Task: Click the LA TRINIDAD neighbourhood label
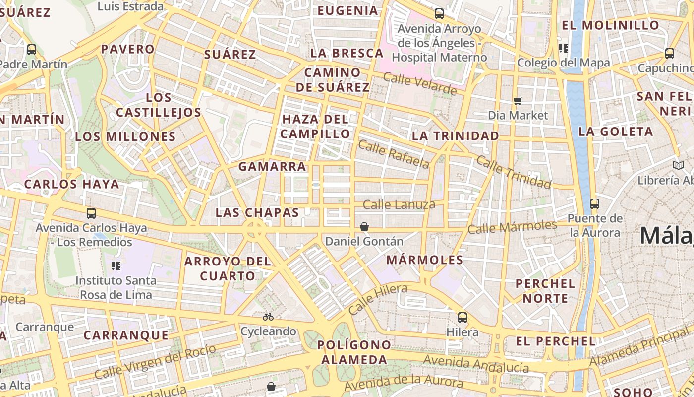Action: point(456,136)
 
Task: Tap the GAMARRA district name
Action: point(272,167)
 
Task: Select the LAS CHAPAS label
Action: point(257,213)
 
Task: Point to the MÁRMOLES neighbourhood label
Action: point(424,260)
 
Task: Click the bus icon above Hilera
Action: point(463,318)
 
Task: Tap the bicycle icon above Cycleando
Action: point(268,317)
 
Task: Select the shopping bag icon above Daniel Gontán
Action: point(364,227)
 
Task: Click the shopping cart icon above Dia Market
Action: point(518,101)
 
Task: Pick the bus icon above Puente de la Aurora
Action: point(595,203)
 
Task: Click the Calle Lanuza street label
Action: point(399,204)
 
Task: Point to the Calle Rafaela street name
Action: point(393,154)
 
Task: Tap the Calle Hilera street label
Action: point(378,299)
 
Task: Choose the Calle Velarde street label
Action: point(420,84)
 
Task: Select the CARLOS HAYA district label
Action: point(72,184)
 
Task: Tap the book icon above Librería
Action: point(679,165)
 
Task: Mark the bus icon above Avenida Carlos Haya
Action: point(91,213)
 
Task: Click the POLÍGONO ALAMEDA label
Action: point(354,352)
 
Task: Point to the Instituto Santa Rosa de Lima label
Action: point(116,287)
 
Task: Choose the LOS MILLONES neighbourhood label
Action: point(125,137)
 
